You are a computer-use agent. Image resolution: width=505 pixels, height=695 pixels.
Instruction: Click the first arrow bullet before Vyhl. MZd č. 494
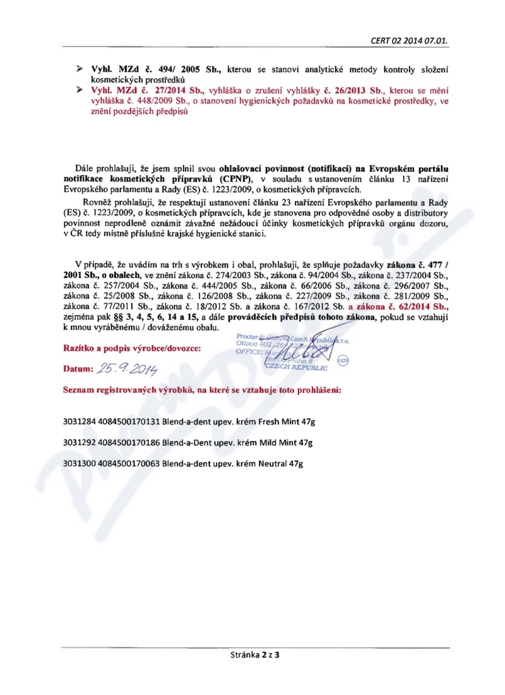point(80,68)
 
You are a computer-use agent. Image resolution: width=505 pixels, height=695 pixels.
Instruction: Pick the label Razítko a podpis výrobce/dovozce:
point(131,349)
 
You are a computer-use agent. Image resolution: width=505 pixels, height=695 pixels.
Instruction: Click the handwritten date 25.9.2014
point(126,368)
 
